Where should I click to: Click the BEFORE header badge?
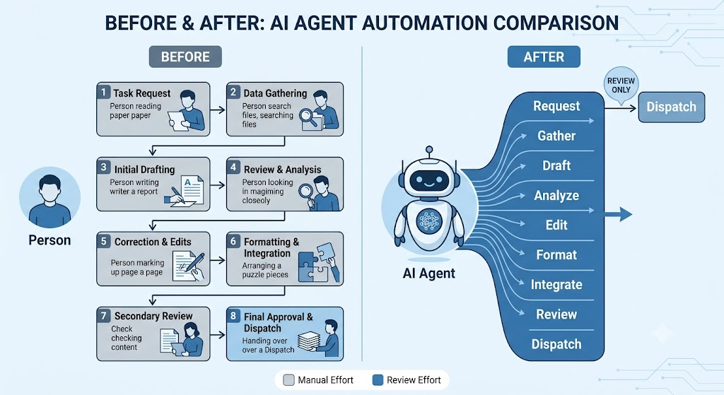tap(185, 57)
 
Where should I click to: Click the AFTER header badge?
tap(544, 57)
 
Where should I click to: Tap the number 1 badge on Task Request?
tap(103, 92)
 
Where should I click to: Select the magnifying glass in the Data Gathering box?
tap(308, 117)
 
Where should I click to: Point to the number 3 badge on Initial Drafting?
tap(103, 167)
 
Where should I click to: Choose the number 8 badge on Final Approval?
tap(233, 316)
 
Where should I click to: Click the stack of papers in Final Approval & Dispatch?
tap(309, 341)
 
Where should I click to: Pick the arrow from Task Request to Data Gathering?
tap(218, 110)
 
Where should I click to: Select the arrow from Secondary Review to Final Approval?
tap(218, 334)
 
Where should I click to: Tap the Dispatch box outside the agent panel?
tap(672, 107)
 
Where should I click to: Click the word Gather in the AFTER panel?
tap(556, 136)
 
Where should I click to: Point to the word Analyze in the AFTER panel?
tap(556, 196)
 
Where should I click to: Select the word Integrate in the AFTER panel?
tap(556, 285)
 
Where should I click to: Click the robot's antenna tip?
tap(429, 150)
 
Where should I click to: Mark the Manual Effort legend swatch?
tap(288, 380)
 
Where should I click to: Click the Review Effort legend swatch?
tap(378, 380)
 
